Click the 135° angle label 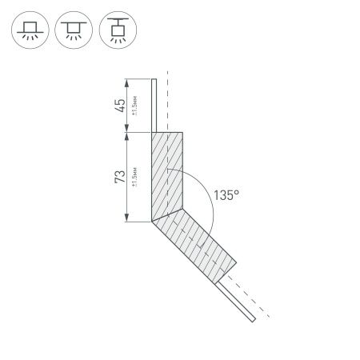tap(227, 194)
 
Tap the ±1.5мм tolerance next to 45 tap(136, 106)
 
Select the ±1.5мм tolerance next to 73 tap(136, 176)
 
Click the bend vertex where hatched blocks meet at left tap(150, 221)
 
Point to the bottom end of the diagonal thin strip tap(253, 321)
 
